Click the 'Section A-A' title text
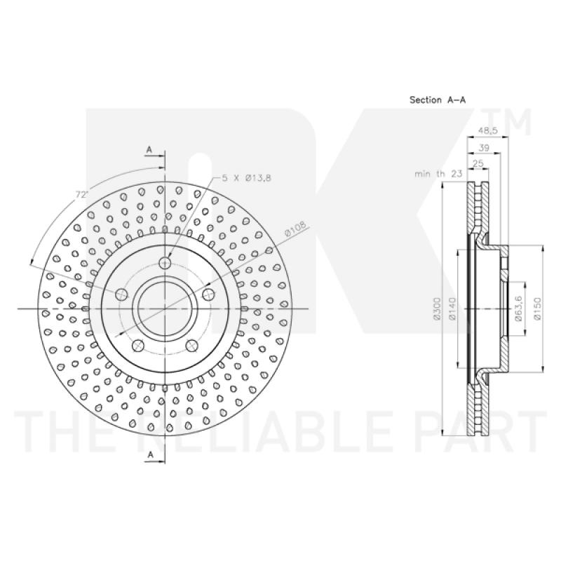click(438, 100)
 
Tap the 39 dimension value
click(483, 148)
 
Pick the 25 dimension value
click(479, 163)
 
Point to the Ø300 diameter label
click(437, 309)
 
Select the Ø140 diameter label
click(453, 309)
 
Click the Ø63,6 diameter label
click(518, 309)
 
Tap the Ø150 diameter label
click(536, 309)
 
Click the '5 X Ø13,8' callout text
click(246, 178)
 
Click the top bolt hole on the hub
click(165, 263)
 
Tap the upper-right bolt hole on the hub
click(208, 295)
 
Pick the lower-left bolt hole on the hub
click(138, 345)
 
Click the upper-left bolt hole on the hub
click(121, 295)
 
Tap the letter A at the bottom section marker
click(149, 456)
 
